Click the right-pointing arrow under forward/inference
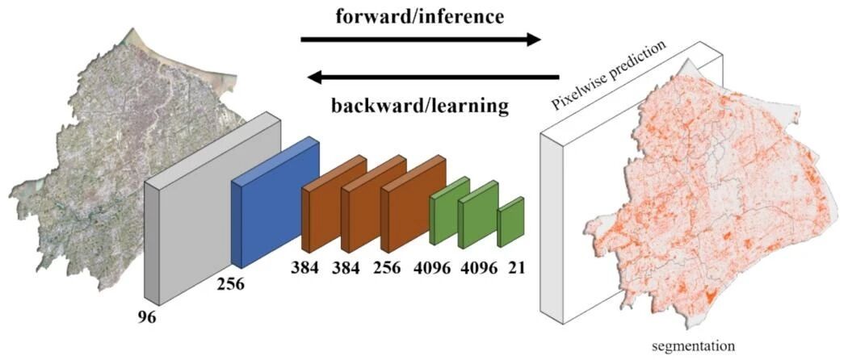420,39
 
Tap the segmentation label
694,345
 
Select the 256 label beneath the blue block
229,284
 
